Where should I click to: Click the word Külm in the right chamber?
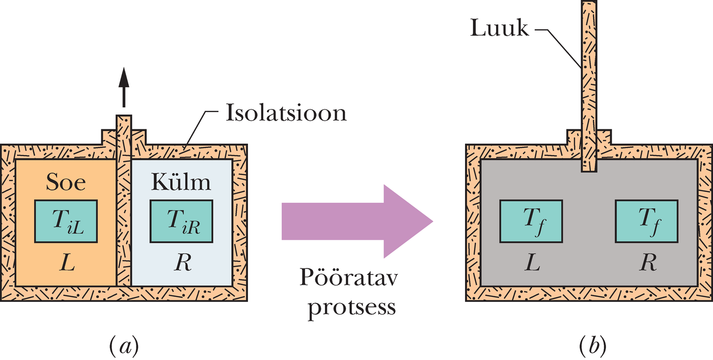click(x=181, y=182)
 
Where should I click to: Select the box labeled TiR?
click(x=181, y=220)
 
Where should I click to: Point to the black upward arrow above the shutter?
click(x=123, y=87)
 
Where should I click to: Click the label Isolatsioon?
click(x=286, y=113)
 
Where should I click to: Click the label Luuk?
click(x=499, y=29)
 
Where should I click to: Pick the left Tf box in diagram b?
click(x=531, y=220)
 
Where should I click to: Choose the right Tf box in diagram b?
click(x=646, y=220)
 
